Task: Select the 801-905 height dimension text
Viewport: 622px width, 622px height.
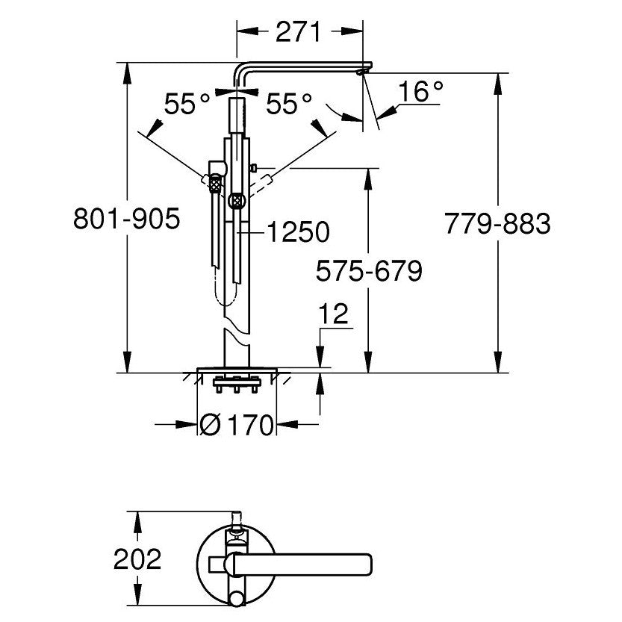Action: click(x=127, y=218)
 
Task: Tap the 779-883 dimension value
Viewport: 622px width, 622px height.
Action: click(x=497, y=223)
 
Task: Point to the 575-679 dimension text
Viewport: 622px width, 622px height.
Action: click(x=369, y=271)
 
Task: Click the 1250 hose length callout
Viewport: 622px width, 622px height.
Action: click(x=299, y=231)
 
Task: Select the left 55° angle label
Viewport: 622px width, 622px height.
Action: click(x=187, y=104)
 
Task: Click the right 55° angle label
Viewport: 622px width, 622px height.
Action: click(x=289, y=104)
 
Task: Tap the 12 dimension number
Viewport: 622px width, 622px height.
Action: click(x=334, y=314)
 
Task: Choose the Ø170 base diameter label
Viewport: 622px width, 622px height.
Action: click(x=237, y=425)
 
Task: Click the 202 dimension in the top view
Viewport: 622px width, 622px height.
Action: click(x=137, y=559)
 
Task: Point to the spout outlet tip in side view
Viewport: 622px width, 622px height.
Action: click(x=360, y=72)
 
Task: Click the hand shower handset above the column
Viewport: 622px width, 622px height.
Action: click(x=237, y=115)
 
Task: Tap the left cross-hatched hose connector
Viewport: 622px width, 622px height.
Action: click(x=214, y=184)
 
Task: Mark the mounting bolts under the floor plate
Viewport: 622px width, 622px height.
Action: click(x=237, y=385)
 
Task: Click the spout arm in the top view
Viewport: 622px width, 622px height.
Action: click(x=302, y=565)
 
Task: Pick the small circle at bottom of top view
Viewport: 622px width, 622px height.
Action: click(x=237, y=598)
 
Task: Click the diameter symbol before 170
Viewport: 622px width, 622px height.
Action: click(x=210, y=425)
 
